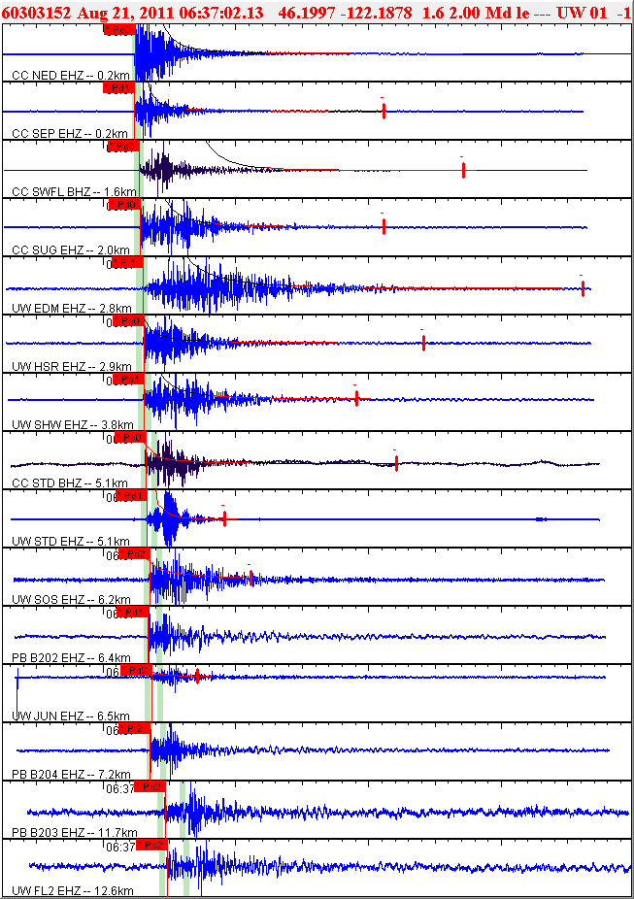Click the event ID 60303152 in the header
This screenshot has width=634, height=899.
click(35, 11)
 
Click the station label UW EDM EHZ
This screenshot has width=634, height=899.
click(48, 308)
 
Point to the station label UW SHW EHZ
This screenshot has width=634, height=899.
click(48, 424)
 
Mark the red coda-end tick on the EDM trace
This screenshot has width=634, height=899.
click(583, 288)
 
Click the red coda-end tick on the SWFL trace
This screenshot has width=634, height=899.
click(464, 170)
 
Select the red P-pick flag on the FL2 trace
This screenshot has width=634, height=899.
click(152, 846)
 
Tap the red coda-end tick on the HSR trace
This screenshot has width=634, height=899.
click(423, 343)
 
